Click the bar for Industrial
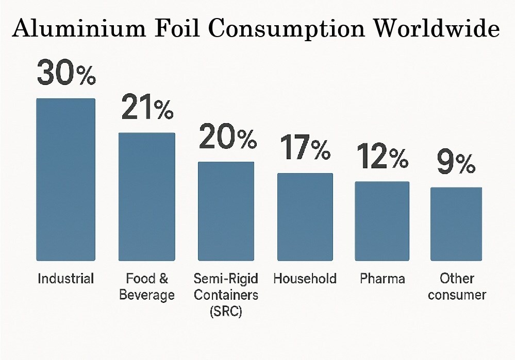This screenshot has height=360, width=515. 65,179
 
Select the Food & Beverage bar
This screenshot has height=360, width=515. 147,196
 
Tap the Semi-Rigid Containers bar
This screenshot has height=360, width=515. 226,211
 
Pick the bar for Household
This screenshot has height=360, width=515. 305,216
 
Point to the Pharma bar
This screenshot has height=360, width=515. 382,221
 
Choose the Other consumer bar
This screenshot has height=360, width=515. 456,224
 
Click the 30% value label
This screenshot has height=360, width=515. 66,73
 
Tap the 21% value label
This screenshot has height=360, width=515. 147,108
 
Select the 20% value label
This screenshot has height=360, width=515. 227,137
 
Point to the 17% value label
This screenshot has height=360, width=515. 305,148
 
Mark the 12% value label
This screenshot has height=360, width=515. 382,157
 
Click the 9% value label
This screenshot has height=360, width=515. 456,163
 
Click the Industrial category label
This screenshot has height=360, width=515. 66,279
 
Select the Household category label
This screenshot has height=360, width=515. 305,279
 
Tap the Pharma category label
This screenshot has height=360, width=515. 382,279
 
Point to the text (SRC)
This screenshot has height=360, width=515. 226,312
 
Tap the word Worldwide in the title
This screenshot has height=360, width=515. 436,30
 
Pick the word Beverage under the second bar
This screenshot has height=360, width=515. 147,295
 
